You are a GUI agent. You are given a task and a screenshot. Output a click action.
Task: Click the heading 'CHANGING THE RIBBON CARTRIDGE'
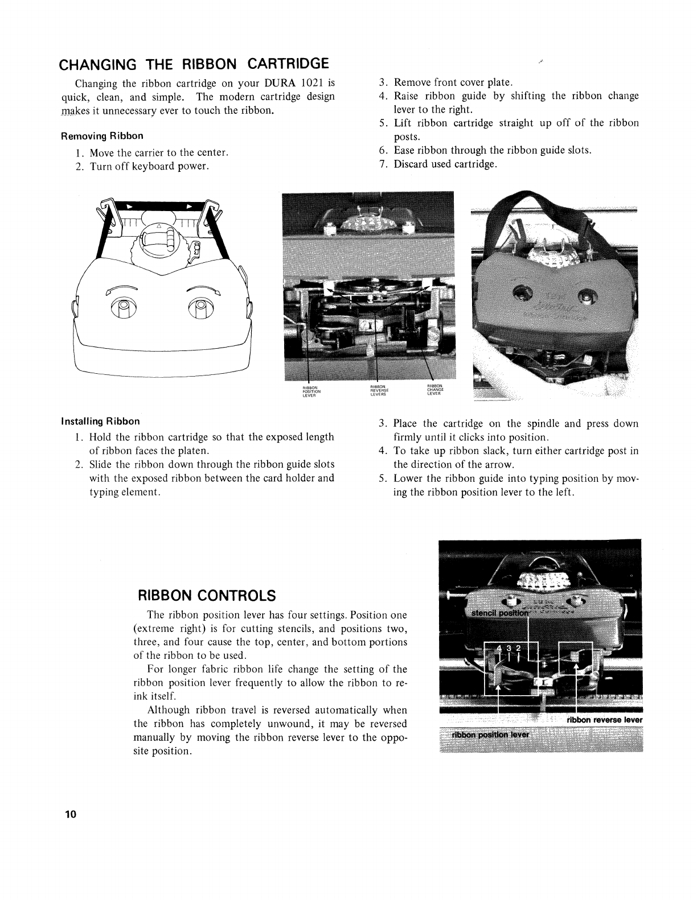coord(195,63)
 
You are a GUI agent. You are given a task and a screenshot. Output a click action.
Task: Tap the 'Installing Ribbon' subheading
coord(100,422)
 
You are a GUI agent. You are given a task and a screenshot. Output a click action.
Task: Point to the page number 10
coord(70,814)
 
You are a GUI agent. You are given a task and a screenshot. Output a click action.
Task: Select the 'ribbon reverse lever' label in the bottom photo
coord(604,720)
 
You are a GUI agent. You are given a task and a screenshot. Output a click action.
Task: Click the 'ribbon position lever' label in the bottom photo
coord(490,734)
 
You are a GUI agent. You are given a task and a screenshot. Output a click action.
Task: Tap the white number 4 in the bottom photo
coord(499,649)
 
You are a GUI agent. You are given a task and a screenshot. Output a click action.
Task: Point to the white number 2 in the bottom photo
coord(518,649)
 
